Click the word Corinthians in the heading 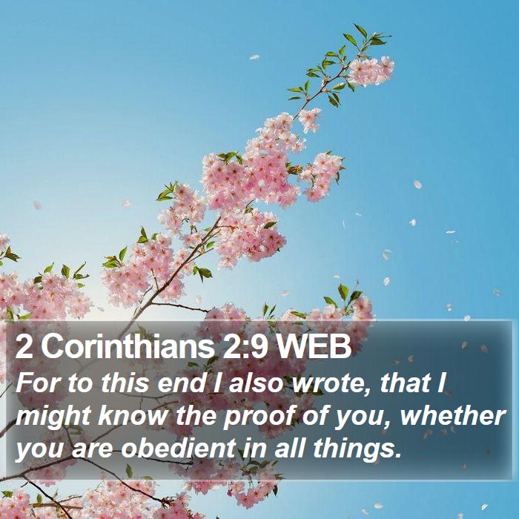(x=128, y=346)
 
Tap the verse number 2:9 (x=245, y=346)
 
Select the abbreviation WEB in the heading (x=313, y=346)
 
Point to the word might (x=53, y=417)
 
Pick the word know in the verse (x=133, y=416)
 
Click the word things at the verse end (x=357, y=449)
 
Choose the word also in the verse (x=257, y=383)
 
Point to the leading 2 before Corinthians (x=24, y=346)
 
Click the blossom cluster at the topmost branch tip (x=371, y=70)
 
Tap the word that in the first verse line (x=405, y=383)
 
